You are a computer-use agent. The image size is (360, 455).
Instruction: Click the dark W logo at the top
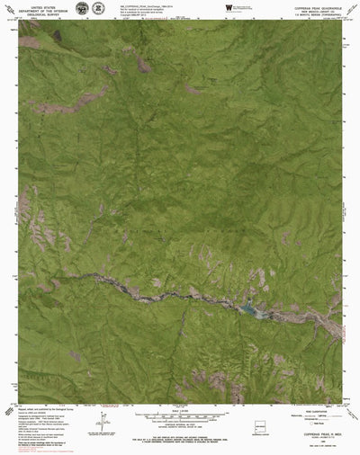pyautogui.click(x=227, y=8)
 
